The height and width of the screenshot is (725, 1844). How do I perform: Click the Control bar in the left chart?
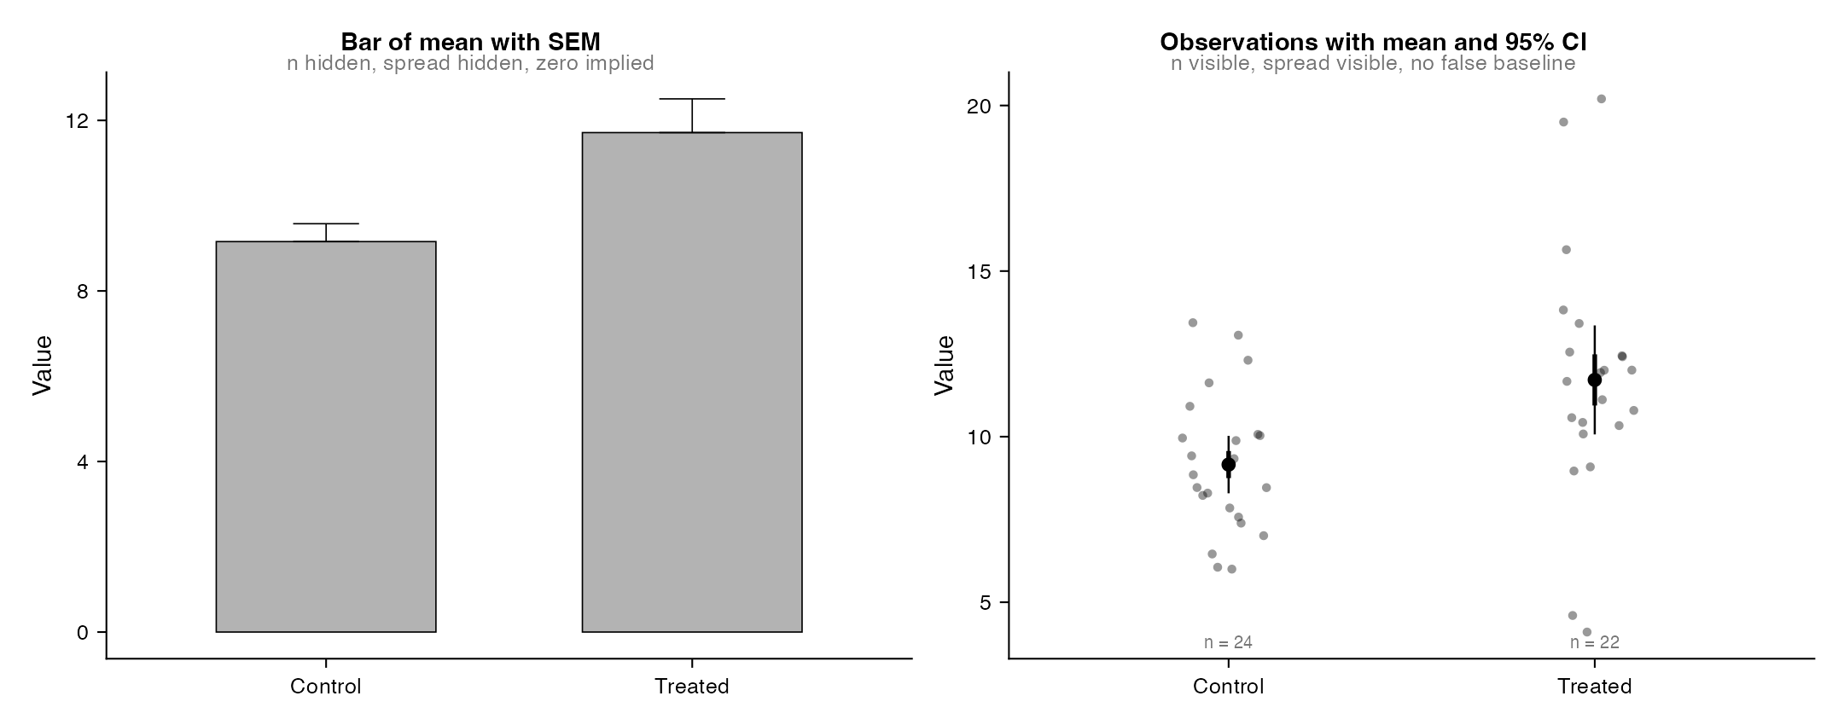326,437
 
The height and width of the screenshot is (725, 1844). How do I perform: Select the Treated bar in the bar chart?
692,382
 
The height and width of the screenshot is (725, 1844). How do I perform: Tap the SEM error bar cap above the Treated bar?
692,99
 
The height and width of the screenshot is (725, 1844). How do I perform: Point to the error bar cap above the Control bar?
326,223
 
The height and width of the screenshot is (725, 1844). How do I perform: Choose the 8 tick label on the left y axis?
83,292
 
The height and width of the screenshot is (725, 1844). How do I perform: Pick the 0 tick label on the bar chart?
83,633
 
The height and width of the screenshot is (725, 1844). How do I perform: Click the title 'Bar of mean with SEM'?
471,42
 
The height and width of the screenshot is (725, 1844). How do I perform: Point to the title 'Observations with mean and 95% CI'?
1373,42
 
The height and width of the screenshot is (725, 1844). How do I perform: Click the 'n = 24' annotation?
1228,642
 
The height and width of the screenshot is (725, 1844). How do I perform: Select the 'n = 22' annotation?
1594,642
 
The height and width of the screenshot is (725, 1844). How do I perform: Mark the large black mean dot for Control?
1229,465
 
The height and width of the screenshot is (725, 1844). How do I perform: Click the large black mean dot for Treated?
1595,380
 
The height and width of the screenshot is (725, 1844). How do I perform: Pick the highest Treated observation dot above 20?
1602,99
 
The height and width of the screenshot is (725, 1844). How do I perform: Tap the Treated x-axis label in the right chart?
1594,687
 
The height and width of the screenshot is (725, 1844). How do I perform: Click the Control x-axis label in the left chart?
326,687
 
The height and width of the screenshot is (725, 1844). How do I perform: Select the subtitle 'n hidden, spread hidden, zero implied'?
471,63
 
